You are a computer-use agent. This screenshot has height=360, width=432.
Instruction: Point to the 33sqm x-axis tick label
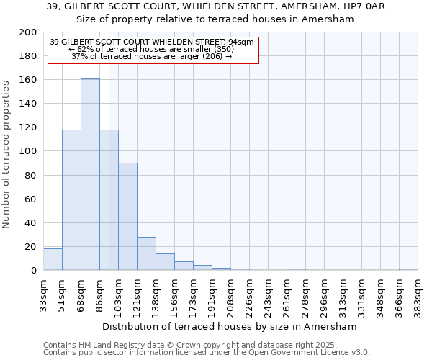tap(44, 295)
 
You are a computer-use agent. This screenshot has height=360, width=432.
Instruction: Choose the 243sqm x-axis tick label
tap(269, 295)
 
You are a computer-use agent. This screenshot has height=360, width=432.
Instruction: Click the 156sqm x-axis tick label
tap(175, 295)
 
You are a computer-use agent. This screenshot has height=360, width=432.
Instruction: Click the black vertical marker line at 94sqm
tap(109, 180)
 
